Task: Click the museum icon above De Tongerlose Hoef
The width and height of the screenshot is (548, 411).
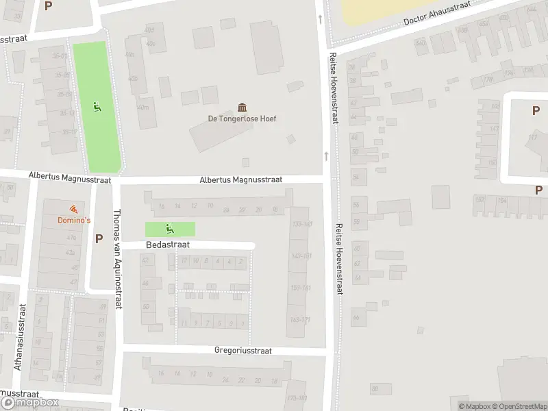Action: (x=242, y=107)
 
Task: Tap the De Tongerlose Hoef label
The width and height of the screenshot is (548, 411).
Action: (x=242, y=118)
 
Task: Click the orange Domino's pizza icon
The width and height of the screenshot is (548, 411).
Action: (x=73, y=209)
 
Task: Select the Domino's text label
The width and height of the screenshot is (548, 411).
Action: (x=73, y=220)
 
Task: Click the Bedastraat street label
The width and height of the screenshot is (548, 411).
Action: (x=168, y=244)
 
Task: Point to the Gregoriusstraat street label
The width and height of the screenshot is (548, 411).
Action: (x=243, y=351)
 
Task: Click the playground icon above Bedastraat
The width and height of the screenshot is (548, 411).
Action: (x=169, y=229)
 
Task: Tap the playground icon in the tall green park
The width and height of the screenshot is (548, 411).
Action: (x=97, y=107)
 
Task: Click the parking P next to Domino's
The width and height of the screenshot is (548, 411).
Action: (x=99, y=238)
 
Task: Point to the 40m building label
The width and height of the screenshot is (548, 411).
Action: (x=142, y=108)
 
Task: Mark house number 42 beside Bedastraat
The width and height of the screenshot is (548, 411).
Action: (x=145, y=260)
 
